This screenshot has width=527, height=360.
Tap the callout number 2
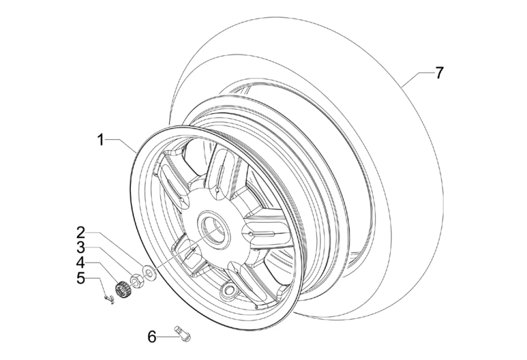[81, 232]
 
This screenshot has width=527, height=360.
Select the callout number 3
[81, 247]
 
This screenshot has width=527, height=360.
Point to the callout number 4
[81, 263]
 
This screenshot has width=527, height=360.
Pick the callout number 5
[81, 278]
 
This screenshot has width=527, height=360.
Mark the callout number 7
[439, 73]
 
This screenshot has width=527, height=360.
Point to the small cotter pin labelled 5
[109, 299]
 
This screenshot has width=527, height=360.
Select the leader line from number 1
[123, 145]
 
